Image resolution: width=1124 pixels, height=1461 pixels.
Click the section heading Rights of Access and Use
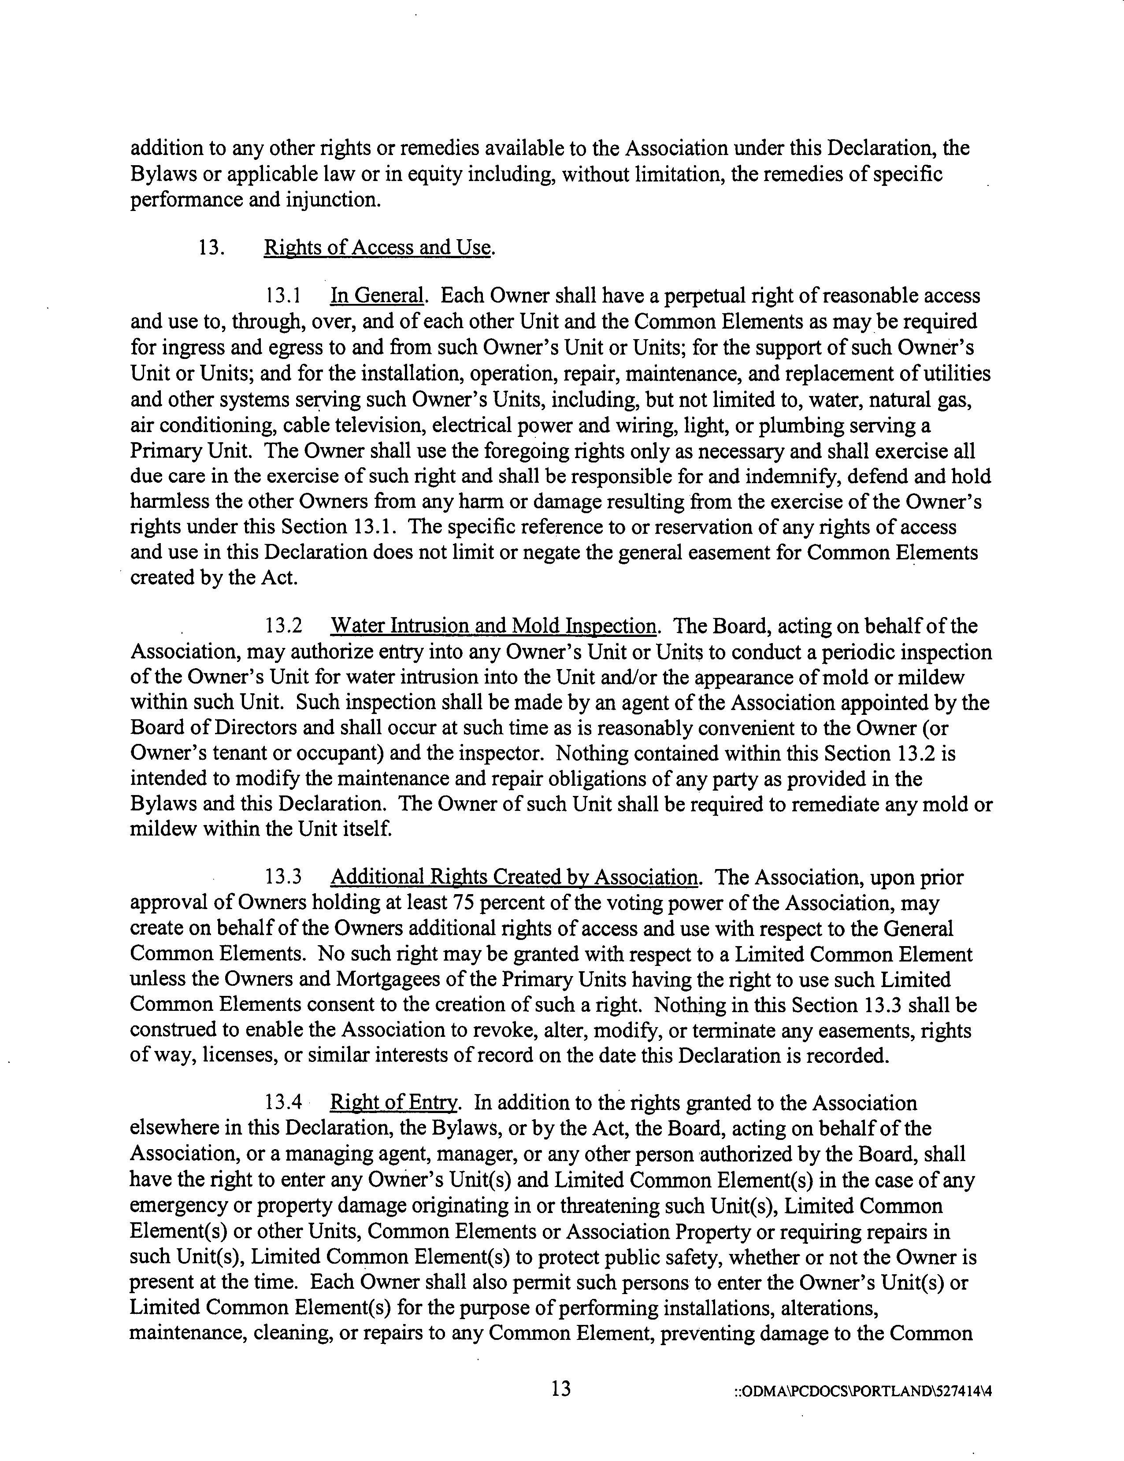coord(378,248)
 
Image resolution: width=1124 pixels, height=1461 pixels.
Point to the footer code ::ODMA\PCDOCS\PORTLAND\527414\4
coord(862,1392)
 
